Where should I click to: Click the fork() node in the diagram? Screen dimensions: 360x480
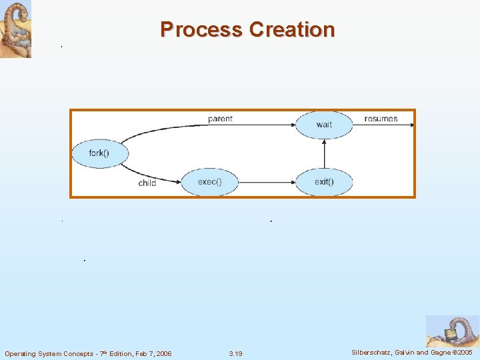click(99, 154)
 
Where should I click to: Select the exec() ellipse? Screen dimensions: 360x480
click(209, 181)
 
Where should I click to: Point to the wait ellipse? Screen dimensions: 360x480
click(324, 125)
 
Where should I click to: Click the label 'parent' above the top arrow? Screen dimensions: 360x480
click(220, 119)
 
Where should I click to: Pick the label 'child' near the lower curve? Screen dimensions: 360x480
click(147, 183)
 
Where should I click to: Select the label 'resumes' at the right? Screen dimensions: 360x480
click(381, 119)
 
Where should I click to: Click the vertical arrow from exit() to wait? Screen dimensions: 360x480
click(324, 153)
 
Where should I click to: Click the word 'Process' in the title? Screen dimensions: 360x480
click(201, 30)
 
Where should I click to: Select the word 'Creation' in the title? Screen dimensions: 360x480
click(292, 30)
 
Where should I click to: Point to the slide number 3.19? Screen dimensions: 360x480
click(235, 353)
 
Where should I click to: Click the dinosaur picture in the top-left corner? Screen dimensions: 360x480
click(15, 29)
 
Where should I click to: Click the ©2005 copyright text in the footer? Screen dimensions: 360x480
click(461, 352)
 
